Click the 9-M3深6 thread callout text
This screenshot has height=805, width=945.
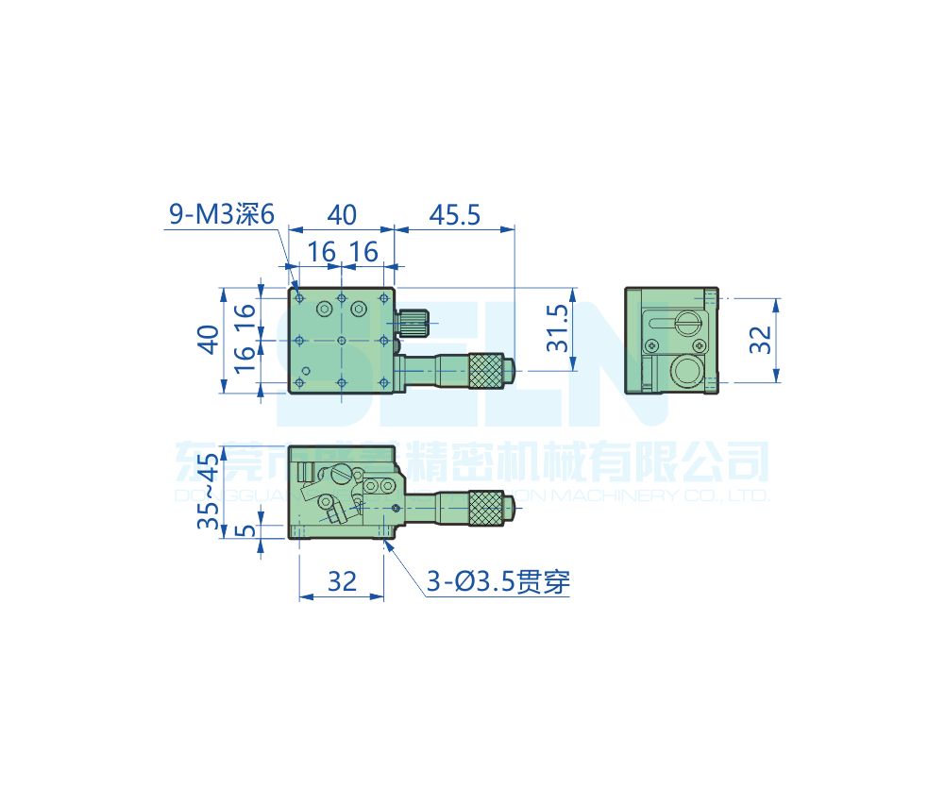click(x=221, y=215)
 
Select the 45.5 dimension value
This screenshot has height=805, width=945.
click(x=455, y=215)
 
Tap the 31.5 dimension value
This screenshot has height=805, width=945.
click(x=559, y=327)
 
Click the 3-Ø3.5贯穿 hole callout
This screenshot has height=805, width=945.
click(x=498, y=582)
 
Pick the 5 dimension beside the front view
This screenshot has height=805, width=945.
click(x=244, y=530)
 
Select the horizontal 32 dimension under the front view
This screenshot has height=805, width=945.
click(x=341, y=581)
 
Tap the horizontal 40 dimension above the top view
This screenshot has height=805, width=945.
click(x=341, y=215)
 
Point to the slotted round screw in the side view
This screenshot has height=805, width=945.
click(x=686, y=323)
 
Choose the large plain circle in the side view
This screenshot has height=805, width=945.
click(x=686, y=372)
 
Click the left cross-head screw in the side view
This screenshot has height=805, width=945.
click(x=650, y=345)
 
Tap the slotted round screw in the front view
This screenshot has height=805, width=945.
click(x=327, y=504)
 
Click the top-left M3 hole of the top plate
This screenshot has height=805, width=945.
click(x=299, y=298)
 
